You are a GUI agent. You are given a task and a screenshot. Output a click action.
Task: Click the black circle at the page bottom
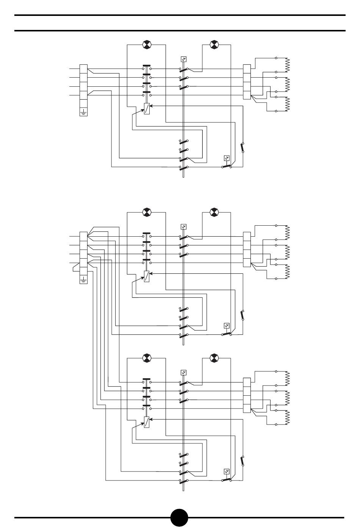click(x=179, y=517)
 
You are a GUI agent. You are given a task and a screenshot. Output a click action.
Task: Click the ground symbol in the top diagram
click(x=83, y=112)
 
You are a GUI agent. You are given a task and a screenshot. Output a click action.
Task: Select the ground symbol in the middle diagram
click(x=83, y=280)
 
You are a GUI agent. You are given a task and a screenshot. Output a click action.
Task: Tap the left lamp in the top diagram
click(x=147, y=45)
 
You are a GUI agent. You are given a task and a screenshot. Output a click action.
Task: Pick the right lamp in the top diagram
click(x=214, y=45)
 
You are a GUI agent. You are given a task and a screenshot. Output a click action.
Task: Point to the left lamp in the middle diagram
click(x=147, y=212)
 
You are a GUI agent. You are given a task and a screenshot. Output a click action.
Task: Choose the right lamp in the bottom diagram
click(x=214, y=358)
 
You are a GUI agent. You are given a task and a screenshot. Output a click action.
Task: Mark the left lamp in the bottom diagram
click(x=147, y=358)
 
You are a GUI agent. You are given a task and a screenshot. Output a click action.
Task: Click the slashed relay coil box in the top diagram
click(x=147, y=109)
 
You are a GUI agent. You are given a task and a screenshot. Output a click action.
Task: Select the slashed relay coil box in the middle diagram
click(x=147, y=276)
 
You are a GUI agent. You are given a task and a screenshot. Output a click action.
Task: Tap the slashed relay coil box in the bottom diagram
click(x=147, y=422)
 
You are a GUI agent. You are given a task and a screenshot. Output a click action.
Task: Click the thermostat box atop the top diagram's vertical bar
click(x=183, y=59)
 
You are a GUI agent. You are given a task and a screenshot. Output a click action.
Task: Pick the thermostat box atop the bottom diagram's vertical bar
click(x=183, y=372)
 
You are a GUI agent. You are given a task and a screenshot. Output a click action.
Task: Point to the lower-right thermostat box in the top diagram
click(x=227, y=158)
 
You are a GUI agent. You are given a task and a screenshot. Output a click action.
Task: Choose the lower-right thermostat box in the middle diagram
click(x=227, y=326)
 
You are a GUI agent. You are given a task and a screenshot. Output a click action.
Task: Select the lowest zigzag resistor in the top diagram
click(x=287, y=104)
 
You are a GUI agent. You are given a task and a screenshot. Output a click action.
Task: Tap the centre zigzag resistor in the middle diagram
click(x=287, y=252)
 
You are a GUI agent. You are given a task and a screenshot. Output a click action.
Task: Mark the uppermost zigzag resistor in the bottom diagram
click(x=287, y=378)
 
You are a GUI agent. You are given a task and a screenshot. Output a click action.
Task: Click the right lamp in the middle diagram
click(x=214, y=212)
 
